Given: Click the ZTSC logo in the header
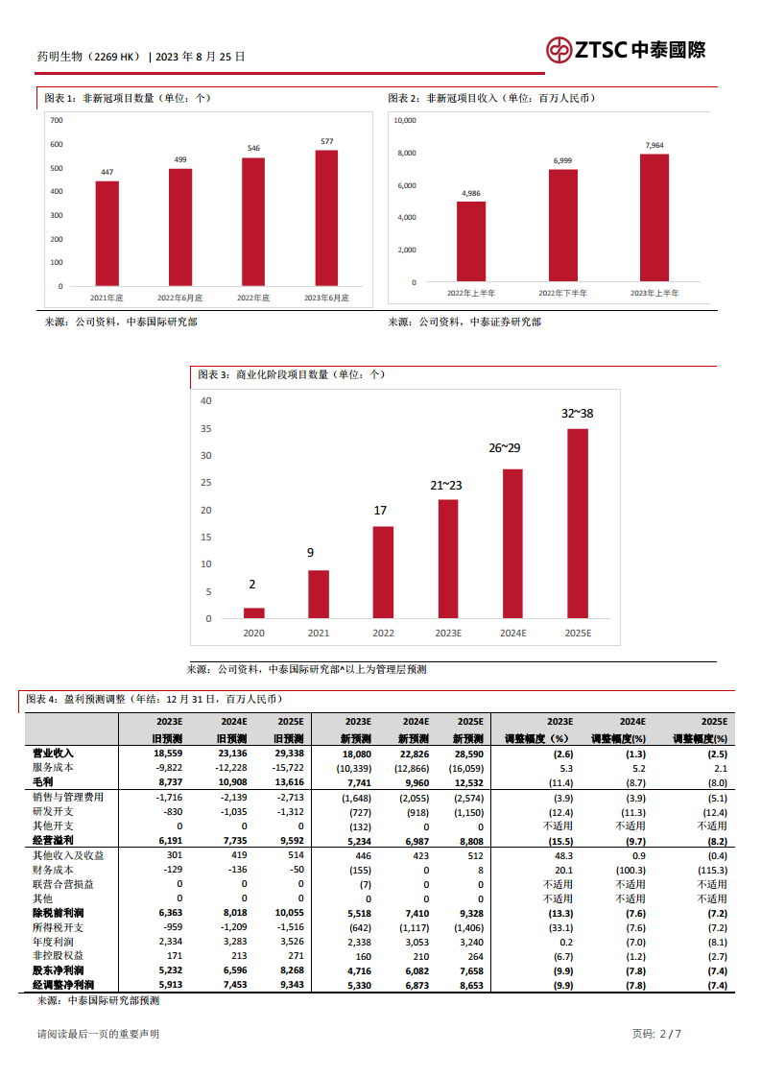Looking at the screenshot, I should [x=625, y=50].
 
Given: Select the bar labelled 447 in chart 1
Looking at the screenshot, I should [x=107, y=233].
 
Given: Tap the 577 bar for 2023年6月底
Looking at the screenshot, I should [x=326, y=218].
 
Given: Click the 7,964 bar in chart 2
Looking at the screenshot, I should [x=654, y=218].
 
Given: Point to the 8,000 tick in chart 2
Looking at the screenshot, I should [x=405, y=153].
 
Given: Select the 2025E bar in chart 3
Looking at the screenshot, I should [x=578, y=523].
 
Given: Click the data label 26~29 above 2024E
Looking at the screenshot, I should [x=504, y=448].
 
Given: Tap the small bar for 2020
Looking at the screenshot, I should [x=253, y=612].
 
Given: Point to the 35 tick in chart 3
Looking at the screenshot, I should [x=206, y=428].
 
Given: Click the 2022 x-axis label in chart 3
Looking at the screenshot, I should [x=383, y=634].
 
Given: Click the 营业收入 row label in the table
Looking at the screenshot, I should [x=53, y=754].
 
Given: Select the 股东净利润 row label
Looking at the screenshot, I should [x=59, y=970].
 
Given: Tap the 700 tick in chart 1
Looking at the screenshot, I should [x=56, y=120].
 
